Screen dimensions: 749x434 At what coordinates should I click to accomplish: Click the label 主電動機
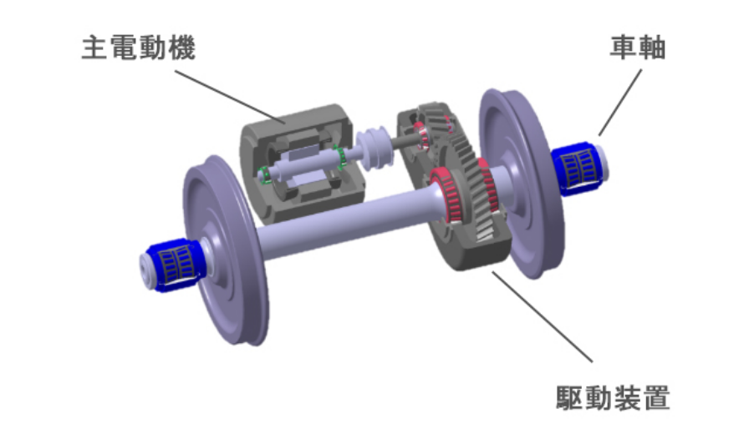pos(139,48)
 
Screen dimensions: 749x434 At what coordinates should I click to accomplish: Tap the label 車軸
pos(638,48)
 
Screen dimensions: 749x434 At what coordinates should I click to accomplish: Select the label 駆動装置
pos(613,397)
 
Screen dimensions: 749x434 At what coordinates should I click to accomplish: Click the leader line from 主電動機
pos(231,98)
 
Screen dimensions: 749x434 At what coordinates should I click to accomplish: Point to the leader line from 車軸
pos(620,103)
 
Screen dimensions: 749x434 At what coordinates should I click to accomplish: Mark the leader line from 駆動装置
pos(543,316)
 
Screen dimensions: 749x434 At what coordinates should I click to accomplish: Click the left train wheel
pos(225,250)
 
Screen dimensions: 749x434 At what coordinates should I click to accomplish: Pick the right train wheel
pos(522,183)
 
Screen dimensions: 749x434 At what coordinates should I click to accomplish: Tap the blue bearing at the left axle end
pos(176,264)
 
